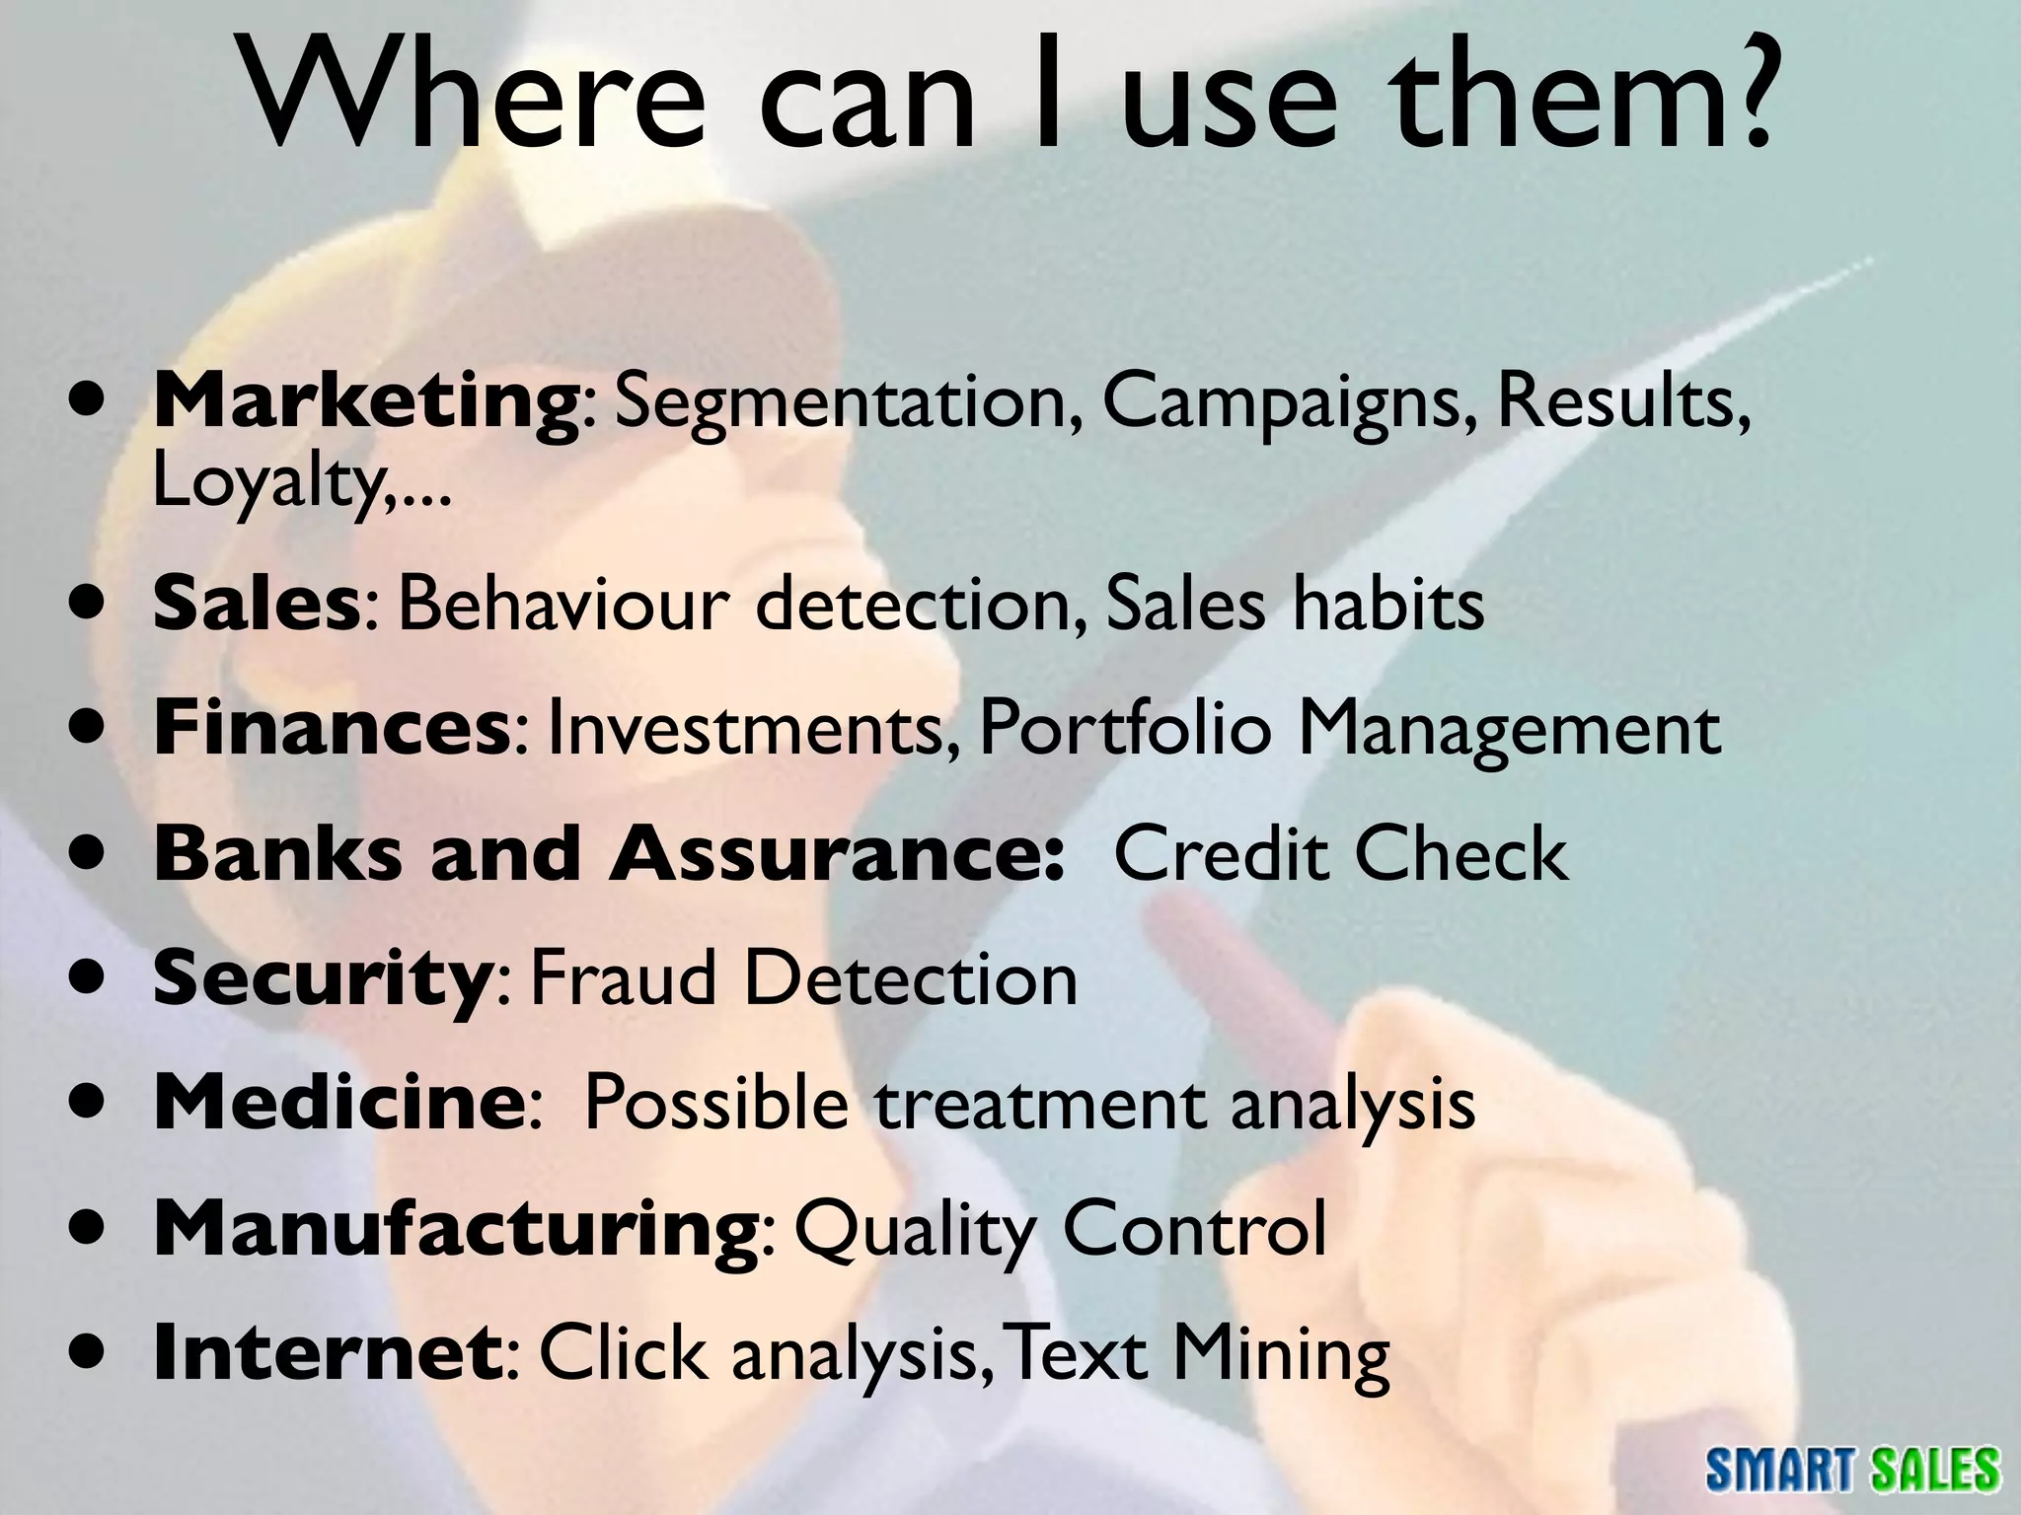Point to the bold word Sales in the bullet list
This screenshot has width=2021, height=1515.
pos(256,604)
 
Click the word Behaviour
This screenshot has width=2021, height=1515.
pos(562,604)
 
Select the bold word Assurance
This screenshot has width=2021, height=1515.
pos(835,853)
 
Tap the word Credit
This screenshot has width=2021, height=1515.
pos(1224,853)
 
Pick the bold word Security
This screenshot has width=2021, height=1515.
pos(316,978)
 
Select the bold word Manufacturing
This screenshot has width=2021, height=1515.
pos(455,1229)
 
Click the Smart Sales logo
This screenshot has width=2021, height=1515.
pos(1852,1469)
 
